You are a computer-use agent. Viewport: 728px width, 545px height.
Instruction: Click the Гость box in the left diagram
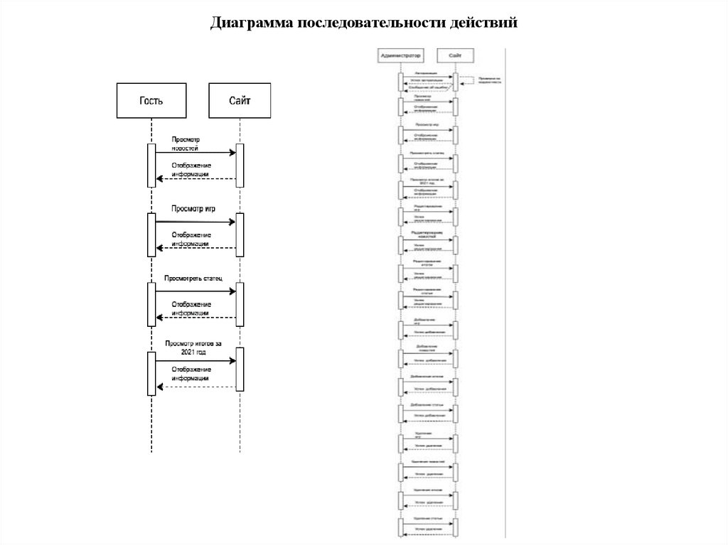tap(151, 100)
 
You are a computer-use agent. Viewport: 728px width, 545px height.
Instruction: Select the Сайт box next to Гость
tap(240, 100)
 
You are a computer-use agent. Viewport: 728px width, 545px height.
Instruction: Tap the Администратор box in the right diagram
tap(400, 55)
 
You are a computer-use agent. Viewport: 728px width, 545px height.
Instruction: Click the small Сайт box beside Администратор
tap(455, 55)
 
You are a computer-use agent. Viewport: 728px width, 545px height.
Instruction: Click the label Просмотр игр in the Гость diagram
tap(193, 208)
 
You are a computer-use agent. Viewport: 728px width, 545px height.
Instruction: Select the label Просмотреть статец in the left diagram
tap(193, 278)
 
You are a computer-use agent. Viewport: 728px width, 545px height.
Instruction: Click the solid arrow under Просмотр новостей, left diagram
tap(196, 153)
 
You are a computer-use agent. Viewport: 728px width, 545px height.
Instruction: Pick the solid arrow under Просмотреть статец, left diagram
tap(196, 291)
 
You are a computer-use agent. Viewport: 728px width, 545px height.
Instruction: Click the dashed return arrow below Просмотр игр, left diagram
tap(196, 248)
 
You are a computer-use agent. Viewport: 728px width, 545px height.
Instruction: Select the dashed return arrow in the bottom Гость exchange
tap(196, 387)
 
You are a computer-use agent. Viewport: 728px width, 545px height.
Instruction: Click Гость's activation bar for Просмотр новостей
tap(151, 166)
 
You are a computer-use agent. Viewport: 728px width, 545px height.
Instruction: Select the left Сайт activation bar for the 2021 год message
tap(240, 369)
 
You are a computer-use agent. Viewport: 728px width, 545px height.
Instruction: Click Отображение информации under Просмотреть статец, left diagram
tap(190, 308)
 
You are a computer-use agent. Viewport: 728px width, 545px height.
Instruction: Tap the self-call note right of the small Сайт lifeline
tap(489, 80)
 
